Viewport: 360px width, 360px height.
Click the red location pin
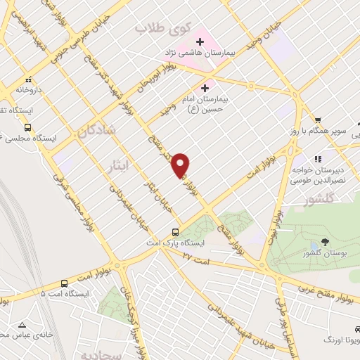pos(181,165)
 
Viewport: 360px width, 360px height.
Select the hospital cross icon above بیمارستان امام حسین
pos(205,88)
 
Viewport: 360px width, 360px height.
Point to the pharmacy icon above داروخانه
pos(28,80)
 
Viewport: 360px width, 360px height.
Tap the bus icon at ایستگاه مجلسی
pos(27,127)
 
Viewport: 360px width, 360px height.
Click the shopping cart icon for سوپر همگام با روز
pos(319,120)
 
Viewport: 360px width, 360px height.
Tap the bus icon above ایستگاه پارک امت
pos(176,232)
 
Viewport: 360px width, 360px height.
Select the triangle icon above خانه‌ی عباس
pos(22,326)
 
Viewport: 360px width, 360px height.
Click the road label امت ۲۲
pos(197,259)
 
